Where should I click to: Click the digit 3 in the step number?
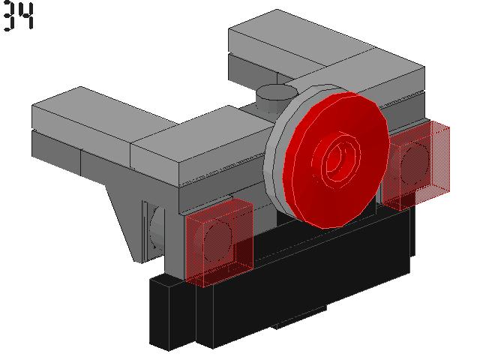click(9, 16)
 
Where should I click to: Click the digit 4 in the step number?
click(26, 16)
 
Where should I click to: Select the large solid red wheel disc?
click(336, 160)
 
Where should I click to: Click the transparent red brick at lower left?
click(219, 242)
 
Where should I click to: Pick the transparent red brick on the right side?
click(416, 165)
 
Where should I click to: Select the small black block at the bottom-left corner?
click(172, 312)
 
